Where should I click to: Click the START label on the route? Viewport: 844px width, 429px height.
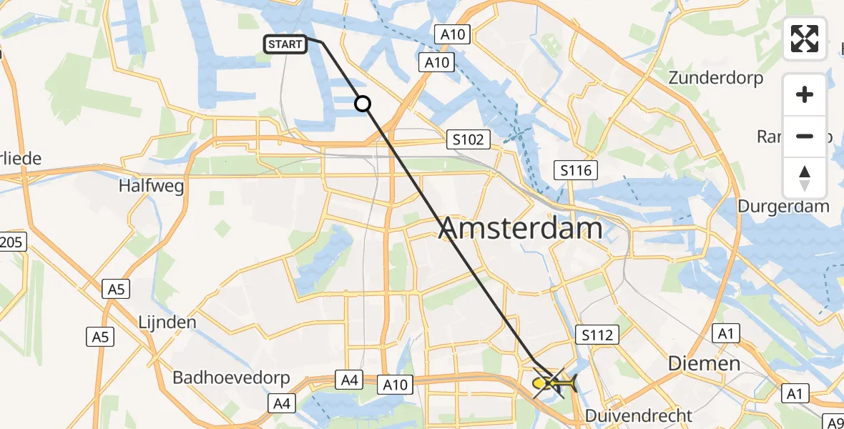tap(286, 44)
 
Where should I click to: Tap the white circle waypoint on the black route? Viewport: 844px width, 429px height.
tap(363, 104)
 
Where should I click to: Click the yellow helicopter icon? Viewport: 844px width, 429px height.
tap(554, 385)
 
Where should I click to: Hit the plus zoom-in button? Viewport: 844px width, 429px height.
tap(805, 94)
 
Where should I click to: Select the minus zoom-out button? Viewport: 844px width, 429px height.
tap(805, 136)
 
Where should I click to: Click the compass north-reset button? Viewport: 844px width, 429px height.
tap(805, 177)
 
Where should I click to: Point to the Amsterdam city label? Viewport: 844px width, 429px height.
tap(521, 229)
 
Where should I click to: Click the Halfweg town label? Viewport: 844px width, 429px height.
tap(152, 187)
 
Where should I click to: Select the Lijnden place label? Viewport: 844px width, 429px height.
tap(167, 322)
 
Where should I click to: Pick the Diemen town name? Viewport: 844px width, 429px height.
tap(704, 363)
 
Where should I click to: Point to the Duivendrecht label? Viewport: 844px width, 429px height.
tap(639, 415)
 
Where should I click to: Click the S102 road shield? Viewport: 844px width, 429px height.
tap(468, 139)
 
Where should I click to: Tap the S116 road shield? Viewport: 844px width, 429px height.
tap(576, 169)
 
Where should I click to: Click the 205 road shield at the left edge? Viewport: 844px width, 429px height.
tap(10, 242)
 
